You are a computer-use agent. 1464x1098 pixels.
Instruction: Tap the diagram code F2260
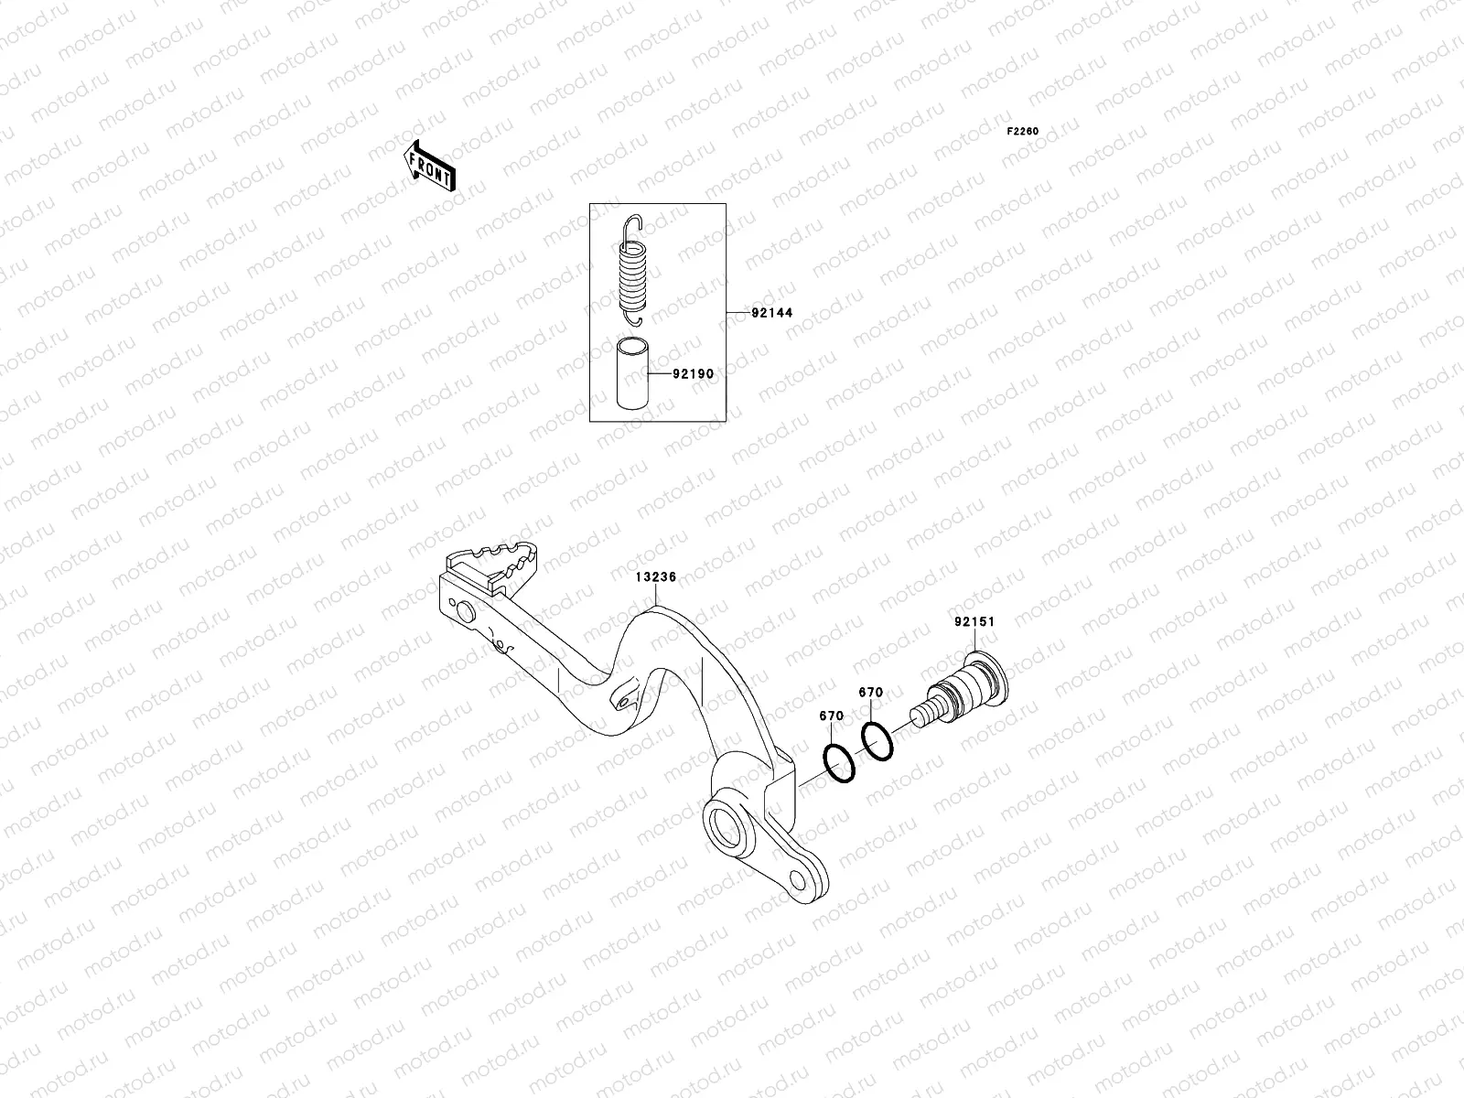click(1023, 132)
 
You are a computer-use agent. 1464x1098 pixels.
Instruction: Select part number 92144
click(771, 313)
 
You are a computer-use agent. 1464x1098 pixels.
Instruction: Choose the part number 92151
click(974, 621)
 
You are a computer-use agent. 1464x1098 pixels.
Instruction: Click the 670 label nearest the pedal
click(831, 716)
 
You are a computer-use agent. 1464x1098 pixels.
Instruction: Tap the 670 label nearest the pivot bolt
click(870, 693)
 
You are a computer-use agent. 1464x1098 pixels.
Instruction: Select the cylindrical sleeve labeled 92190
click(632, 374)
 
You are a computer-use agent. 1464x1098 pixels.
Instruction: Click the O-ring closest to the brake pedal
click(840, 764)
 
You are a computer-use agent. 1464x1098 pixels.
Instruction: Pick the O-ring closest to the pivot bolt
click(877, 741)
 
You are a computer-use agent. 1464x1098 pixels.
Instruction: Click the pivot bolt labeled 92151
click(970, 691)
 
